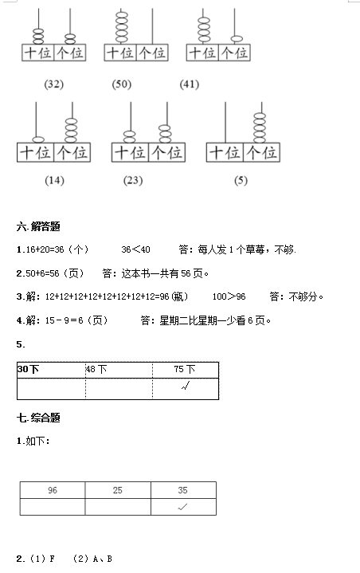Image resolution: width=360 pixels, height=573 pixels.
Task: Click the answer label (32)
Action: (53, 84)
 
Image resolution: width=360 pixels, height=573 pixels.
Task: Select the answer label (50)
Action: (121, 84)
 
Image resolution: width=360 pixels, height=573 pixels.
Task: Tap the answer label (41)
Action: (189, 84)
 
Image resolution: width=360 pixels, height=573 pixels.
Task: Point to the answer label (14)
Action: (54, 181)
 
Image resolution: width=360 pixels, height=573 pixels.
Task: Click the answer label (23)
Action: (133, 181)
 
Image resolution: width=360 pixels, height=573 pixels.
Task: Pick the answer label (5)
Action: (241, 181)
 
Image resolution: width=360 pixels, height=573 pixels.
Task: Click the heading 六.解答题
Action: (38, 226)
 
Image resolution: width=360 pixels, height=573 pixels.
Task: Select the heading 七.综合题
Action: (38, 418)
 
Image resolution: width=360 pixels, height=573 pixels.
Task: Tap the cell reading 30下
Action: (51, 370)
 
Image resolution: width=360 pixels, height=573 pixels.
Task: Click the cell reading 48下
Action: (119, 370)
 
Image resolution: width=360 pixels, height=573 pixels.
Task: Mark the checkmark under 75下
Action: (186, 386)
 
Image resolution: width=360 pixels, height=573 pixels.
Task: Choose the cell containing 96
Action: (53, 490)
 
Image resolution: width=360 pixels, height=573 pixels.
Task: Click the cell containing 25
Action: (118, 490)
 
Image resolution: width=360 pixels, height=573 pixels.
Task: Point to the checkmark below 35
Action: (182, 507)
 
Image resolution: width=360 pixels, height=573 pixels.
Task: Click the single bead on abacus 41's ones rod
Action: (237, 39)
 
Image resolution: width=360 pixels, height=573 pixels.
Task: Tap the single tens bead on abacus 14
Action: (38, 139)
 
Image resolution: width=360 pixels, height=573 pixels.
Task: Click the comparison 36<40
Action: (136, 249)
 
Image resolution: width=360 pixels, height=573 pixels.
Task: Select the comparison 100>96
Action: (229, 296)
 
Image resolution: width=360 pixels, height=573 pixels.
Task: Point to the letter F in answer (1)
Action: (52, 559)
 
